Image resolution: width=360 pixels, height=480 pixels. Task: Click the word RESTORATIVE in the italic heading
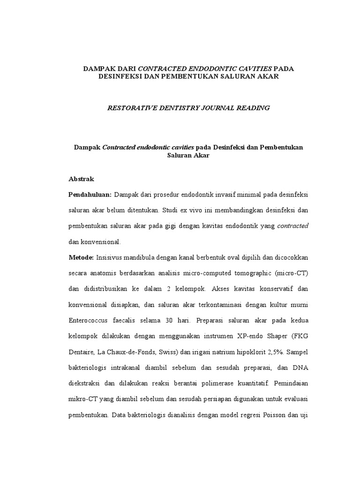pos(130,108)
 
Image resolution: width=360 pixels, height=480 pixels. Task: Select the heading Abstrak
pos(82,179)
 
